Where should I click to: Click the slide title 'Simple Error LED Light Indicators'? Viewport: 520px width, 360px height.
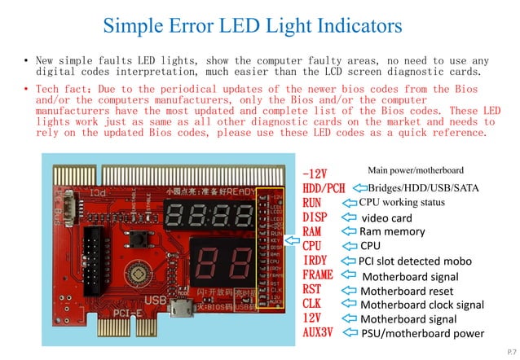[x=252, y=26]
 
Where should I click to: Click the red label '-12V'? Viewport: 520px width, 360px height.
[x=315, y=174]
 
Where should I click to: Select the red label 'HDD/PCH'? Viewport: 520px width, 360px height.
[x=324, y=188]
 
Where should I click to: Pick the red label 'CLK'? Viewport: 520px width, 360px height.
[x=312, y=305]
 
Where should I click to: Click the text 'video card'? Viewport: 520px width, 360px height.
[x=386, y=218]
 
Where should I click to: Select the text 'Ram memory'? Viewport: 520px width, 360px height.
[x=392, y=232]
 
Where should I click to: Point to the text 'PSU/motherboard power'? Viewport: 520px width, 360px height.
[x=422, y=333]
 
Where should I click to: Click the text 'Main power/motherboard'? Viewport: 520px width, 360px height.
[x=416, y=169]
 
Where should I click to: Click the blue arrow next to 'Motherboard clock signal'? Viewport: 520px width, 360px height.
[x=349, y=305]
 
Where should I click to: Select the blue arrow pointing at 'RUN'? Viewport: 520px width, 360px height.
[x=348, y=203]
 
